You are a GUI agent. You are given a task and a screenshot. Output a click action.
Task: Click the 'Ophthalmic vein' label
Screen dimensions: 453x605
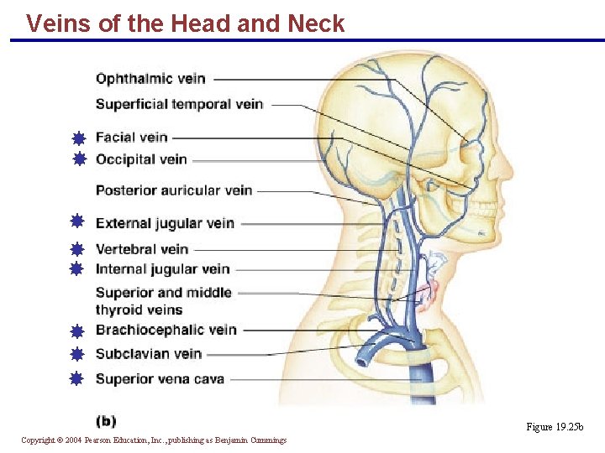point(150,79)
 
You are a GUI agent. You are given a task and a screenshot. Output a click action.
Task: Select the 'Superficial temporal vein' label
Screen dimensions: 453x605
point(179,105)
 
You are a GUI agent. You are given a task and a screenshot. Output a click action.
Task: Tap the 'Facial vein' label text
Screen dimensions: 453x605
point(131,138)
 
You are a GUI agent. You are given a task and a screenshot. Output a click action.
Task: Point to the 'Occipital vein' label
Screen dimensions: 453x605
point(141,159)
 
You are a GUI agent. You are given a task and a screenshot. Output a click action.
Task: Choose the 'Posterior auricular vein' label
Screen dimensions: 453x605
point(174,190)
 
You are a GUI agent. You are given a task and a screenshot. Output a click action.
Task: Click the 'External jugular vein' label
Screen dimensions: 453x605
point(165,223)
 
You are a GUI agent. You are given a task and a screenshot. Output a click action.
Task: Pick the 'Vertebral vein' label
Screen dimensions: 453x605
point(141,249)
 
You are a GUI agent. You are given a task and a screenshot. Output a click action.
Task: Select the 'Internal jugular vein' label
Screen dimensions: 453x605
point(162,269)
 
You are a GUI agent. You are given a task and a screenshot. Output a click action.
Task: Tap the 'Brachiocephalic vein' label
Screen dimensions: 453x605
point(166,330)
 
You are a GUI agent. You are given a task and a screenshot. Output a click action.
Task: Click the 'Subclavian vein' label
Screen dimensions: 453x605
point(148,354)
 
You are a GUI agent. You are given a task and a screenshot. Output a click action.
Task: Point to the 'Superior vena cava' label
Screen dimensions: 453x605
point(160,379)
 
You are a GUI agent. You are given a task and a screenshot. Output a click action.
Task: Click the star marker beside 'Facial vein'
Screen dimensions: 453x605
point(78,138)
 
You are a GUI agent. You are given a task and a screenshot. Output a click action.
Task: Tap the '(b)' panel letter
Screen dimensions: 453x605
point(106,421)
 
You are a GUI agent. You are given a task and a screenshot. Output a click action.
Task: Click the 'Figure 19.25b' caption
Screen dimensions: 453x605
point(555,427)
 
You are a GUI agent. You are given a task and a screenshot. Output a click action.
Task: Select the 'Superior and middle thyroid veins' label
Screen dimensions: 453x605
point(163,300)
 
